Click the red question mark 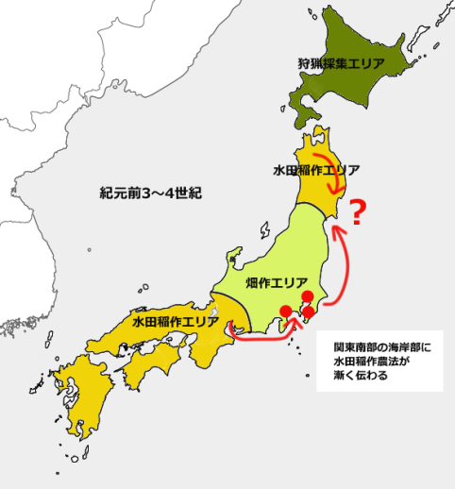pos(357,213)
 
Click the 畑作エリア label pos(276,281)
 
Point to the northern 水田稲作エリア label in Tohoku pos(315,170)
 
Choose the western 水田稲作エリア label pos(175,322)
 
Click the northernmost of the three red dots pos(307,296)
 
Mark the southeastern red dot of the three pos(308,312)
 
